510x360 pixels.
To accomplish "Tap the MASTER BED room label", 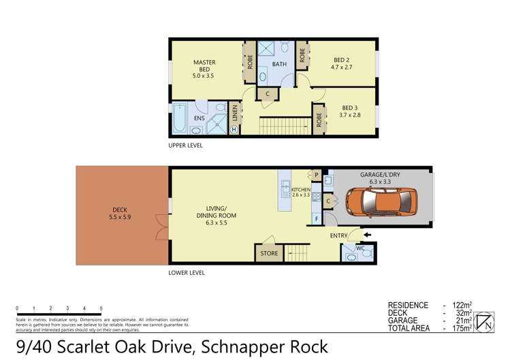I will [x=204, y=66].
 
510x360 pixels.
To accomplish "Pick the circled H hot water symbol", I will [x=234, y=129].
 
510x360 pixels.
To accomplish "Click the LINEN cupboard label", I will [x=234, y=111].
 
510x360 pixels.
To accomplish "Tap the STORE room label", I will [x=270, y=254].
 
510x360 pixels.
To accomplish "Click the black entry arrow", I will [x=369, y=235].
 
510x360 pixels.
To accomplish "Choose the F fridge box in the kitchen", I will [x=317, y=218].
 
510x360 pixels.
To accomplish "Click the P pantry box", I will [x=317, y=175].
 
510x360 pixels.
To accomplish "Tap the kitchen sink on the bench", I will [x=286, y=184].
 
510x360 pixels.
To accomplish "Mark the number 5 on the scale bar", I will [x=101, y=308].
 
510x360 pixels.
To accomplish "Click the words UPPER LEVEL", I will [x=186, y=146].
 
